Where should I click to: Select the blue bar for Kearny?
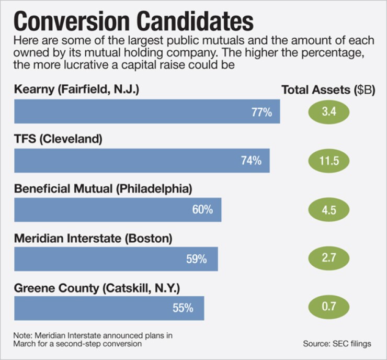[146, 111]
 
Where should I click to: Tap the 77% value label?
[261, 112]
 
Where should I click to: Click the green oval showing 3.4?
[328, 111]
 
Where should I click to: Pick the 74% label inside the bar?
[251, 161]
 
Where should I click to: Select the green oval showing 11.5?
[328, 160]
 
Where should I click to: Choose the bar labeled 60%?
[118, 210]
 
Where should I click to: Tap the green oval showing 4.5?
[328, 209]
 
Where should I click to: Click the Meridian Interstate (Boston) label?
[93, 238]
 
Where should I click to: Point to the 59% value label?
[197, 259]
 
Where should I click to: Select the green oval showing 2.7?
[328, 258]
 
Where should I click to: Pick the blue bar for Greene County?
[109, 308]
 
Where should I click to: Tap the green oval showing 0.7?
[328, 308]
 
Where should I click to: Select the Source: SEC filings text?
[337, 344]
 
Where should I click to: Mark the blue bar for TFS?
[141, 161]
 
